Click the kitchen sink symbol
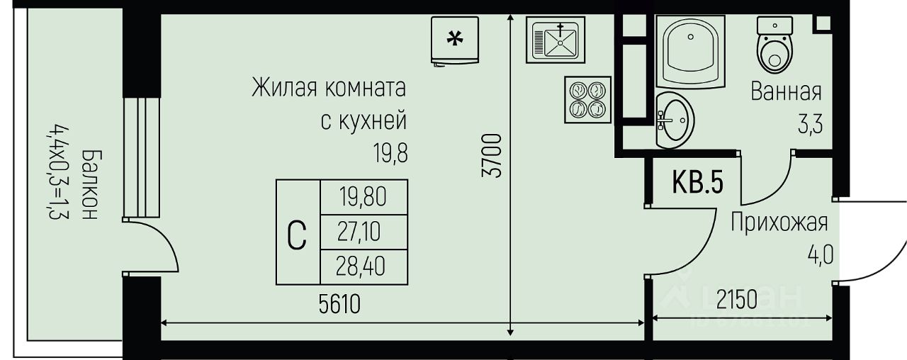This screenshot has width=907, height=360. [x=558, y=40]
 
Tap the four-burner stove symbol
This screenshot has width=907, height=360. [x=588, y=99]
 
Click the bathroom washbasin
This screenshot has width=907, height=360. [x=674, y=120]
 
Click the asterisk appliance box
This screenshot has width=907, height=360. [x=453, y=40]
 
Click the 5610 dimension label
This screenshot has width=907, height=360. [x=339, y=304]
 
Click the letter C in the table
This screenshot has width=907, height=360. [x=298, y=235]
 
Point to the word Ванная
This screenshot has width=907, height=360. [x=786, y=92]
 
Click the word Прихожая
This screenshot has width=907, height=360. [x=779, y=223]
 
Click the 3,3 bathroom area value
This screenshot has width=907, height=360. [x=810, y=128]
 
